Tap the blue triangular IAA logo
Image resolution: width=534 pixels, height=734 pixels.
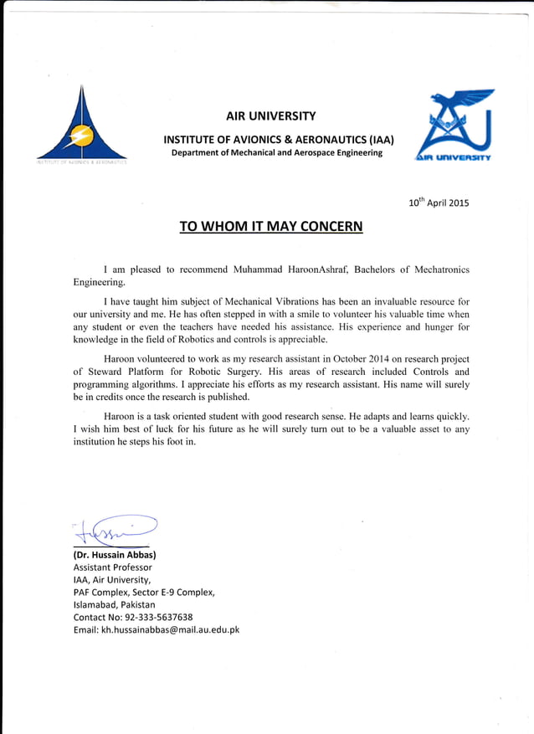[x=81, y=126]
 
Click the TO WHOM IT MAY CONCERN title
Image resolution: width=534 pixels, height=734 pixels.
[x=271, y=227]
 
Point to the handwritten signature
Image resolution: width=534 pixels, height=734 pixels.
[x=113, y=529]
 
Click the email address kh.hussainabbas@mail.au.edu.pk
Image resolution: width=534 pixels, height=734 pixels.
[x=170, y=629]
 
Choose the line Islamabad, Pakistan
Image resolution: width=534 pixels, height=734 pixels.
[x=114, y=604]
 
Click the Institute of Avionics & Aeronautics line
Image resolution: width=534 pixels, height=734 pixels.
[x=278, y=139]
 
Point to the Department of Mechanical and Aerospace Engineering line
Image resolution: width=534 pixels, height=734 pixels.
[x=277, y=152]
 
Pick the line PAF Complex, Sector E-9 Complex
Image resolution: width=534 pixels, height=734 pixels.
[x=144, y=592]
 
